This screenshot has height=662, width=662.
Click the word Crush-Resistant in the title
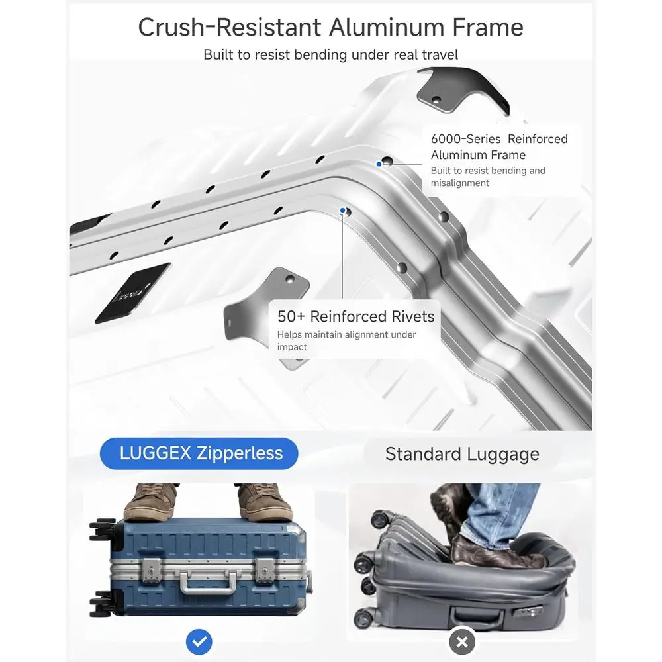230,27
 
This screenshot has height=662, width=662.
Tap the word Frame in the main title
488,27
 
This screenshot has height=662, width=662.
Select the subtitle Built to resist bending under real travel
330,55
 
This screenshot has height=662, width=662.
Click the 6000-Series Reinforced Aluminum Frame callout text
499,146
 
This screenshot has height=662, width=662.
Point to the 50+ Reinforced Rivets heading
355,316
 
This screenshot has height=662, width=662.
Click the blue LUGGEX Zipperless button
199,453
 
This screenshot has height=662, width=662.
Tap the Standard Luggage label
462,454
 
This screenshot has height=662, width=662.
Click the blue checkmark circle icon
199,641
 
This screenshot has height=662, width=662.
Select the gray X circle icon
462,642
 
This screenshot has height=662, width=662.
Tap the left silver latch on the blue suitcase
151,570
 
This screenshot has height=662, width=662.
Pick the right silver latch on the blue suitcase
265,570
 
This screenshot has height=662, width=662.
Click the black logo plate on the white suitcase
133,293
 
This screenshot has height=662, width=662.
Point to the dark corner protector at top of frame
462,90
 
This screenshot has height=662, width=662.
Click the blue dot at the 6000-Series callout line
379,164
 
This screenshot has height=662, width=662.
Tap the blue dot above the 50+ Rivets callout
343,211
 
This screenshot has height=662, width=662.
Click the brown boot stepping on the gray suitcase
494,552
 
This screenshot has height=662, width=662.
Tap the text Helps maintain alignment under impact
347,340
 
